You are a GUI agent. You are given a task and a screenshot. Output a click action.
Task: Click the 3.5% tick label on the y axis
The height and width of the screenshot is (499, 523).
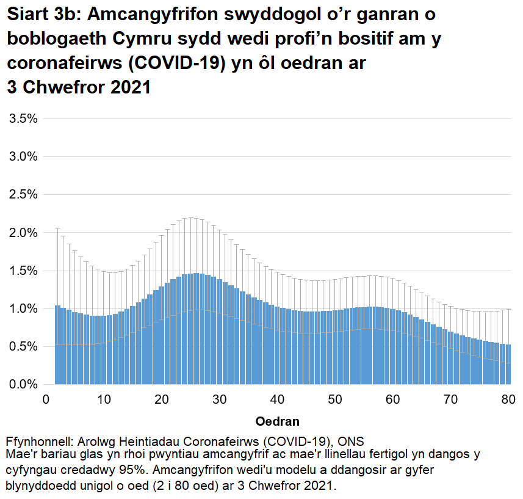(23, 118)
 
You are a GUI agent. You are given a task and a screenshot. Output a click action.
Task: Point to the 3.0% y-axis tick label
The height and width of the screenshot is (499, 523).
(23, 156)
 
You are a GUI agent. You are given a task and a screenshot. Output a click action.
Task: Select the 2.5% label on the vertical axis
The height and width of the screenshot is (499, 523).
(23, 194)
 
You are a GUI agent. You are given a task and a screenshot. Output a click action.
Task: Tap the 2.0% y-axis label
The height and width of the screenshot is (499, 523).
(23, 233)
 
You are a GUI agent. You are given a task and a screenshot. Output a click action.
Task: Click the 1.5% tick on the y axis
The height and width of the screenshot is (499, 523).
(23, 271)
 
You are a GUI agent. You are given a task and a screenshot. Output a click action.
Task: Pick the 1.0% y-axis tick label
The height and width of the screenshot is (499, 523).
(23, 308)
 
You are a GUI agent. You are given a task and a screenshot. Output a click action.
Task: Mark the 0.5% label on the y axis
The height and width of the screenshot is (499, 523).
(23, 346)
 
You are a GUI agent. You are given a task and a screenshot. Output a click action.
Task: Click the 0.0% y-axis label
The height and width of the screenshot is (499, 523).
(23, 384)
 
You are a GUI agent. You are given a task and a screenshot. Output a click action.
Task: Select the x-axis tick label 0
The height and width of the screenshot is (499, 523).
(46, 399)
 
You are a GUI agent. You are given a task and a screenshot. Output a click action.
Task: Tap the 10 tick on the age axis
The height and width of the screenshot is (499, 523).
(104, 399)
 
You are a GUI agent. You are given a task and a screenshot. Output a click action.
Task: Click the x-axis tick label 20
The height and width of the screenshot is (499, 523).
(162, 399)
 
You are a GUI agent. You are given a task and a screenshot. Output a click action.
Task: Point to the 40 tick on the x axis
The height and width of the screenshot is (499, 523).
(278, 399)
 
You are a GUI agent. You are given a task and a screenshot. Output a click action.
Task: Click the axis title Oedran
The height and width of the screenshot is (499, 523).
(278, 421)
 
